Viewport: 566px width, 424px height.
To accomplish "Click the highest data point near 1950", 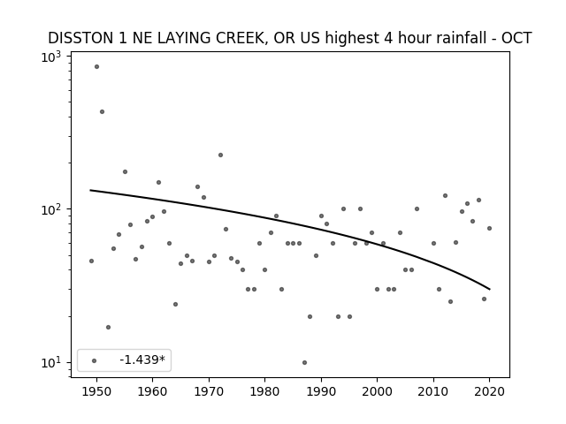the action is [96, 67].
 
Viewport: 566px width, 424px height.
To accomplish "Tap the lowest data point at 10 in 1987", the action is [304, 363].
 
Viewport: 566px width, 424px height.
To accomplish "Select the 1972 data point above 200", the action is [220, 155].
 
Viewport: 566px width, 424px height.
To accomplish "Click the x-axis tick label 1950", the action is [96, 391].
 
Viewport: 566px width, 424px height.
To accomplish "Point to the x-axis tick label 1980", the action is [264, 391].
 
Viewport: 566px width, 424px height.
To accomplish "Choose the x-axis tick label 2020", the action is [489, 391].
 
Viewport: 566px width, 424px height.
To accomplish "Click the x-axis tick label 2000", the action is [377, 391].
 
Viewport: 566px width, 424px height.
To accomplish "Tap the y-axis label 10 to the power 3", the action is [51, 57].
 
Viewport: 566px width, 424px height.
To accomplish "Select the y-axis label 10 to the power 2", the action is [51, 210].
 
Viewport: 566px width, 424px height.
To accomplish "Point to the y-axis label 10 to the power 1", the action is [51, 363].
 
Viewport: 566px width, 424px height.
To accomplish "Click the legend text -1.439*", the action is [142, 360].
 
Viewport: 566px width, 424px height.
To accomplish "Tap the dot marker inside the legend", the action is [95, 360].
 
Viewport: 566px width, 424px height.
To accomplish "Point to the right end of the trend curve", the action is [489, 289].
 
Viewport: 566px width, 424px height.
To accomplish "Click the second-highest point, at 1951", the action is [103, 112].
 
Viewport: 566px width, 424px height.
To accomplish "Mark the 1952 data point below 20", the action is [108, 328].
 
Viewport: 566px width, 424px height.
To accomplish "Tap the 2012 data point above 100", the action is [445, 196].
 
